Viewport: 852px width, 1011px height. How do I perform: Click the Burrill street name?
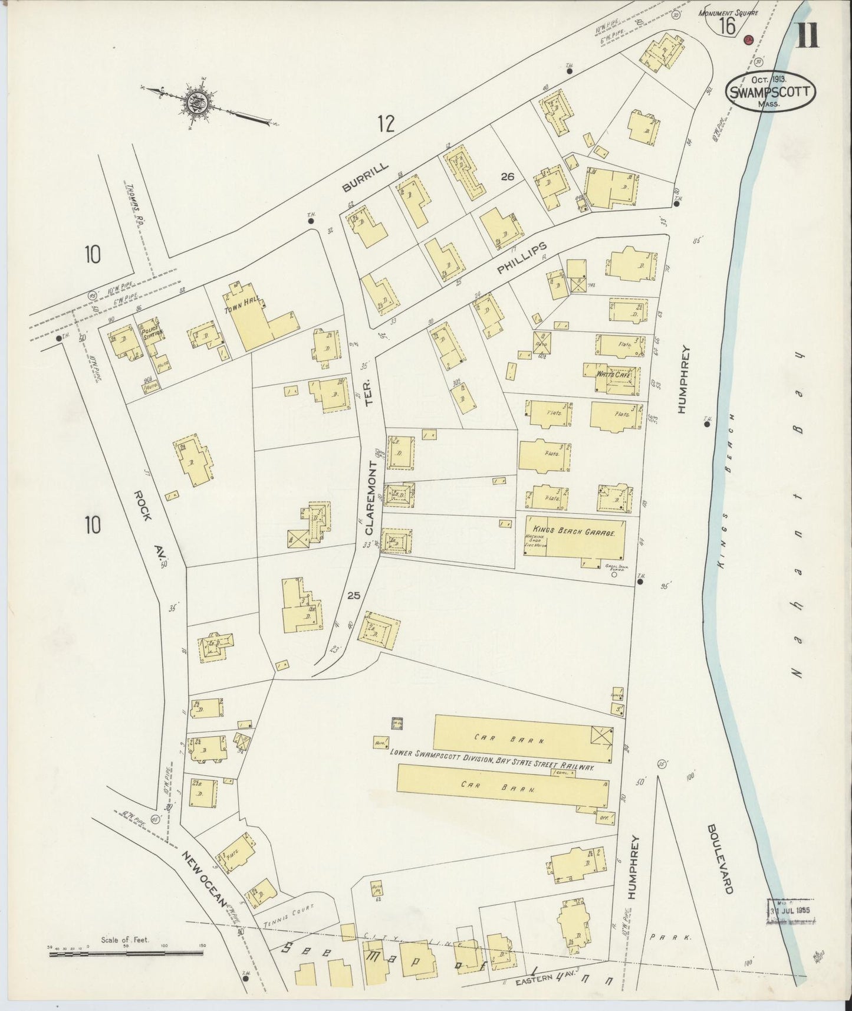pos(366,178)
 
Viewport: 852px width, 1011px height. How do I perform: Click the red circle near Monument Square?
pos(749,39)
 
